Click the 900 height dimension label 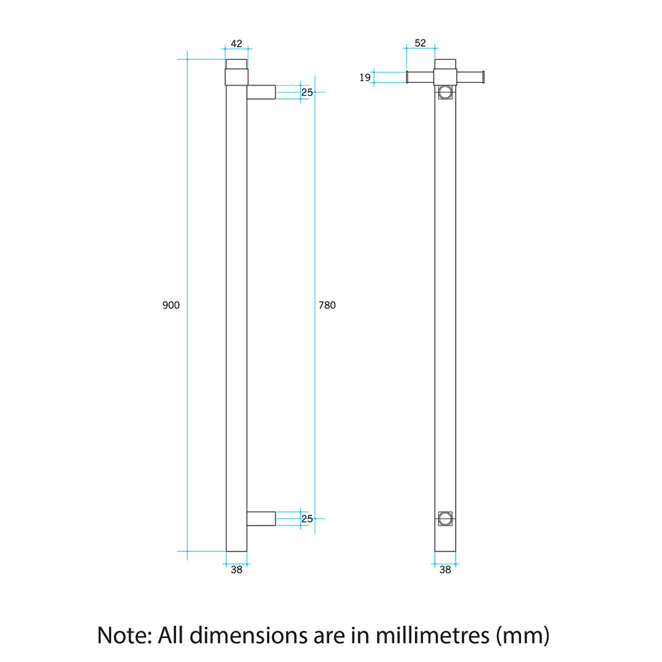point(171,305)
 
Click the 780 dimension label point(327,305)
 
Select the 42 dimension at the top point(237,43)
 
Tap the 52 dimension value point(420,43)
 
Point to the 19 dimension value point(365,78)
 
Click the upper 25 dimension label point(307,92)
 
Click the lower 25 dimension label point(307,518)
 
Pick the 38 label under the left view point(237,570)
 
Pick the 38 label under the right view point(445,570)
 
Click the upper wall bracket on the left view point(261,92)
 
